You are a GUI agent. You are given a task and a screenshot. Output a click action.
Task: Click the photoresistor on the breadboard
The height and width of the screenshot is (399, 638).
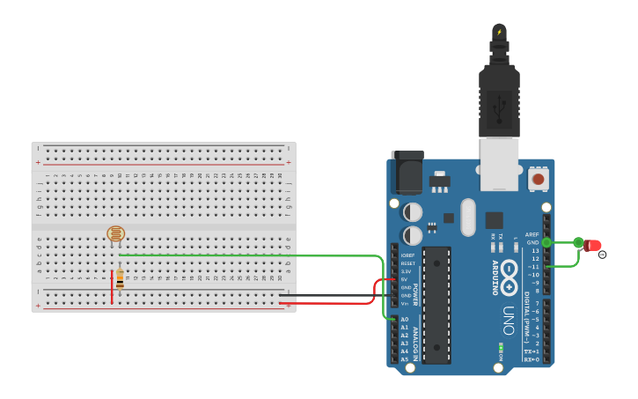[x=116, y=234]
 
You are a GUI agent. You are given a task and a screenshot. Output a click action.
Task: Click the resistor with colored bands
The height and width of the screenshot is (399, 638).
[x=120, y=279]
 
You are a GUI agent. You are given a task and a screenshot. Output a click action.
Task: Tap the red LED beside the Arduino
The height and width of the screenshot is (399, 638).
[x=592, y=246]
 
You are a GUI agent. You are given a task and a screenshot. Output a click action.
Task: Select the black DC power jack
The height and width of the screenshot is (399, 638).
[x=407, y=173]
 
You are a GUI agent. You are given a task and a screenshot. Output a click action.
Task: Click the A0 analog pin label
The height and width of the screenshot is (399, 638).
[x=405, y=320]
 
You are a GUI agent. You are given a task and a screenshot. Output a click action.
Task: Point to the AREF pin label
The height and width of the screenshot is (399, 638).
[x=532, y=235]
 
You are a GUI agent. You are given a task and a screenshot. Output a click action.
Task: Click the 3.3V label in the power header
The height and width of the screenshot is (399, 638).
[x=406, y=271]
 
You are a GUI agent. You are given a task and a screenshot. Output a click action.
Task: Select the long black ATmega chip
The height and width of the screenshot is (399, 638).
[x=436, y=305]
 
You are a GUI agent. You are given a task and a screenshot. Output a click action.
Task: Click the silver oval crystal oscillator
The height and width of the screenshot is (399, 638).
[x=467, y=217]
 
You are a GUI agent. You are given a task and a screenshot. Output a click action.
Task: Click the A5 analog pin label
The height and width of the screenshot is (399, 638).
[x=405, y=359]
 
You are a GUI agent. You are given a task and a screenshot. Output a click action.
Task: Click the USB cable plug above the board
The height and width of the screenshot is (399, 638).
[x=499, y=88]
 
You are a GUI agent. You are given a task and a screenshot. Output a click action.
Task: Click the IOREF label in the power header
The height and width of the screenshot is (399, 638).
[x=407, y=255]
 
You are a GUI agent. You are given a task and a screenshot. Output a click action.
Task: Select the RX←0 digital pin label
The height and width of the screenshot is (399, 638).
[x=532, y=359]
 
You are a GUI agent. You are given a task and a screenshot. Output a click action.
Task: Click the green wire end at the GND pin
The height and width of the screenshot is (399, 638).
[x=546, y=242]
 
